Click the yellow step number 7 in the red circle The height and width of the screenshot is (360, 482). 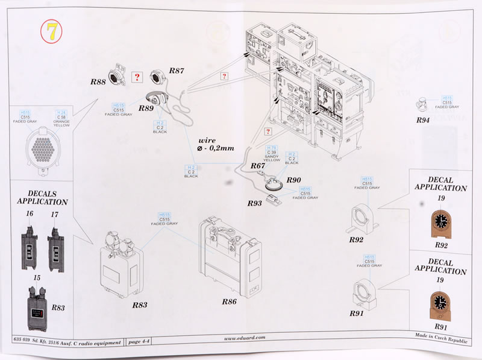52,31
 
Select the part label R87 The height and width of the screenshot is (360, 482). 177,71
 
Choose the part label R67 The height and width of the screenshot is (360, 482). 258,166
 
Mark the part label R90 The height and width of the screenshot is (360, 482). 293,180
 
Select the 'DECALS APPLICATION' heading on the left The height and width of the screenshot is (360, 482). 42,197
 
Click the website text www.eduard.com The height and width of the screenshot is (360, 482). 246,339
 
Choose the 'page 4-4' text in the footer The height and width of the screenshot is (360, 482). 140,343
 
